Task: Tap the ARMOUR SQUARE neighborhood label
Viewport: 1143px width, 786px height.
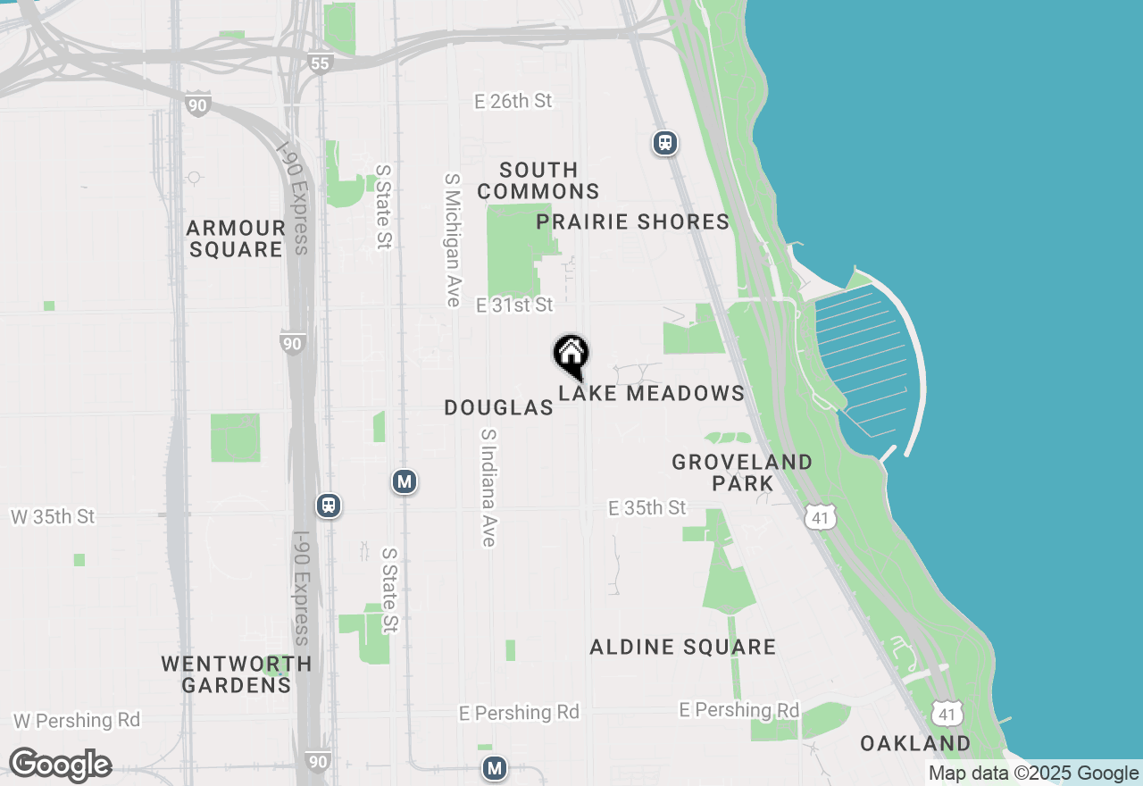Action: tap(236, 238)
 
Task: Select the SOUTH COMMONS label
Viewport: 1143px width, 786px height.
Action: tap(538, 180)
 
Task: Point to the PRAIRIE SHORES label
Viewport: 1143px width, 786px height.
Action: tap(633, 222)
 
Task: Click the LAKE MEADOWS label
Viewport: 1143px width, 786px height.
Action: tap(652, 393)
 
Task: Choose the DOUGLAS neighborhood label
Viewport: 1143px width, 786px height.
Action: tap(499, 407)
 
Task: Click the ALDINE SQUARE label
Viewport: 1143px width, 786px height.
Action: tap(683, 647)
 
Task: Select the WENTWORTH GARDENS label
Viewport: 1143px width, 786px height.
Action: tap(237, 674)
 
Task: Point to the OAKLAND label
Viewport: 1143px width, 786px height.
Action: tap(915, 743)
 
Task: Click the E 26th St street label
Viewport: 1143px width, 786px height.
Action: tap(513, 101)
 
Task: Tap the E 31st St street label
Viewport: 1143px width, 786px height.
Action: tap(514, 305)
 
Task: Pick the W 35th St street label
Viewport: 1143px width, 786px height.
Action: tap(52, 516)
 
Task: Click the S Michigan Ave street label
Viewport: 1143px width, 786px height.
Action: tap(453, 239)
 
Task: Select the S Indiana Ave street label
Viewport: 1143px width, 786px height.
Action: tap(488, 487)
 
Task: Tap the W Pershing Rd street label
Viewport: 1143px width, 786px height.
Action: tap(77, 720)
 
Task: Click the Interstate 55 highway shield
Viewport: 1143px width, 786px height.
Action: tap(321, 63)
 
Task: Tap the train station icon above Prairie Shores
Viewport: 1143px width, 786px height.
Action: tap(664, 143)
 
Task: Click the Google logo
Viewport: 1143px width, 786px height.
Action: tap(60, 765)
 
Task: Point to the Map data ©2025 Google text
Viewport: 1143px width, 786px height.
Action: tap(1033, 773)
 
